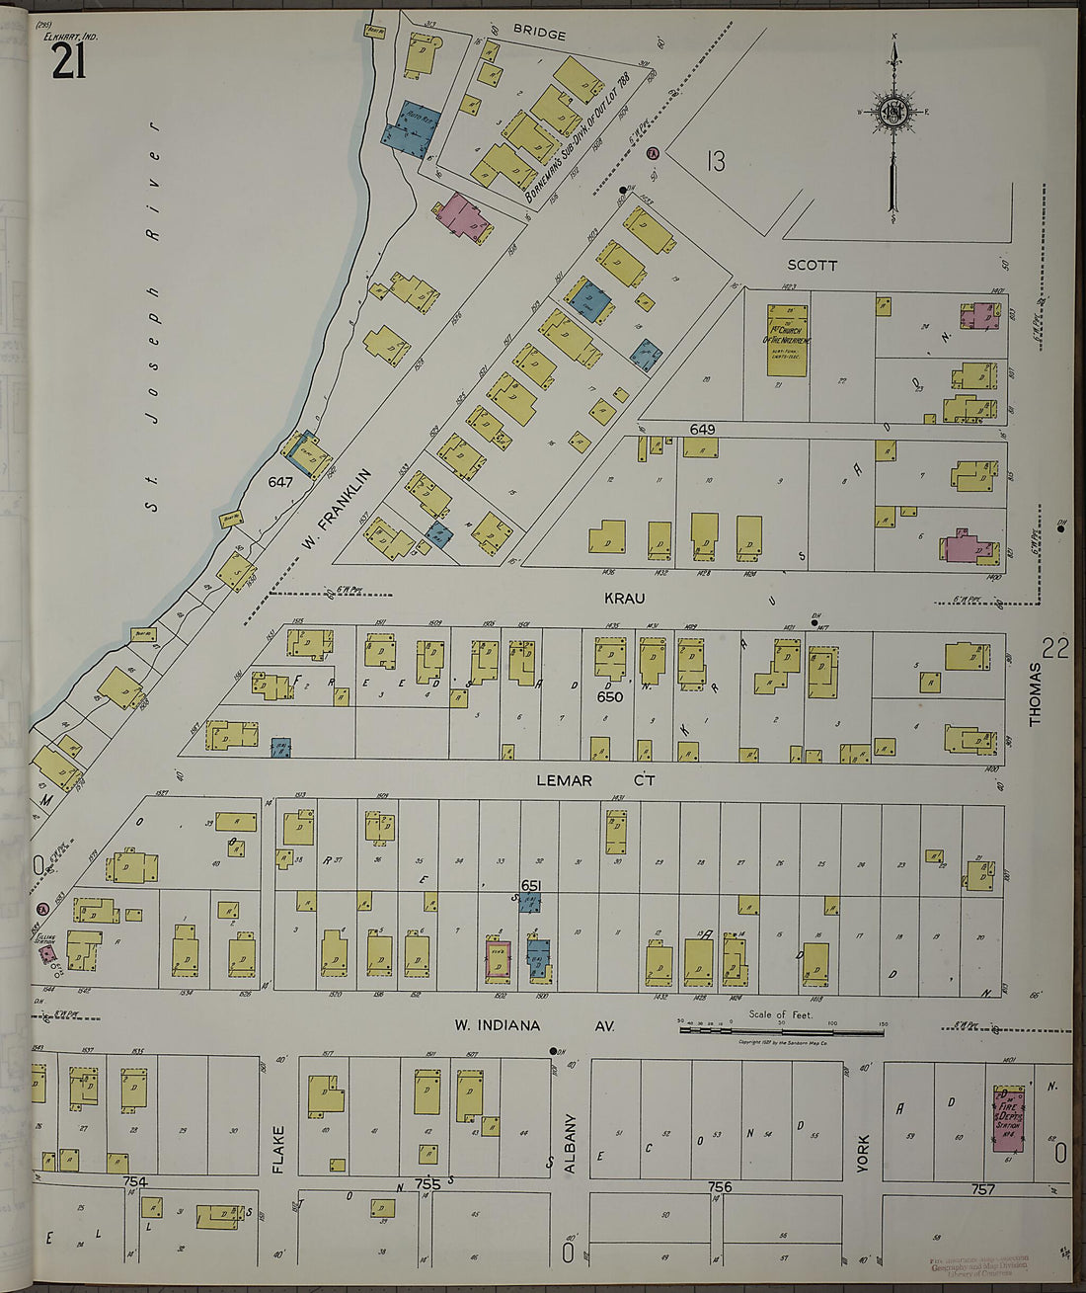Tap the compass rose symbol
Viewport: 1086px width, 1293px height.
[x=893, y=114]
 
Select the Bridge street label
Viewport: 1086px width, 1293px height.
[x=539, y=35]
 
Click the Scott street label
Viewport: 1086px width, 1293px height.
[x=813, y=266]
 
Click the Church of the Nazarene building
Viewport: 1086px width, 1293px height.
[x=787, y=339]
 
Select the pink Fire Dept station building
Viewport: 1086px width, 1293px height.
[x=1008, y=1118]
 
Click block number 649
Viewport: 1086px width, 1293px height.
[x=702, y=430]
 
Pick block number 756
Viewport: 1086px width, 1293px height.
[x=720, y=1186]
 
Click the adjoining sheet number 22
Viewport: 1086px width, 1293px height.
[x=1055, y=649]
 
